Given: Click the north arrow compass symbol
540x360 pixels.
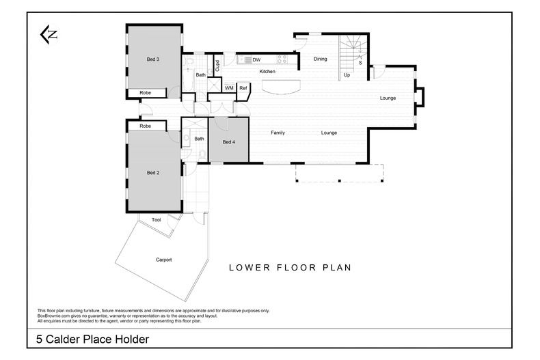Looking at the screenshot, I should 49,34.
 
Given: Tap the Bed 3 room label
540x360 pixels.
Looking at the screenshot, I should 153,59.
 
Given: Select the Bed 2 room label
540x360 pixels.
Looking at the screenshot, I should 153,173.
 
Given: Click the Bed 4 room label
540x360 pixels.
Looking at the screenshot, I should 228,142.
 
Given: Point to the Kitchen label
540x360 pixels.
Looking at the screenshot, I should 267,71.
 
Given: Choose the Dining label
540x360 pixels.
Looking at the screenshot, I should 320,59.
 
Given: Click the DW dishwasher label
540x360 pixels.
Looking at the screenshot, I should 256,60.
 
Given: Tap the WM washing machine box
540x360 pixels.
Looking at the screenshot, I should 229,88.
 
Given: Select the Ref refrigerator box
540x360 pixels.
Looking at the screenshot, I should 243,88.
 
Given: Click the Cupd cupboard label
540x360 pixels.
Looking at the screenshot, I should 217,66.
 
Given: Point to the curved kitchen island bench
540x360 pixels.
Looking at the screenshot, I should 277,87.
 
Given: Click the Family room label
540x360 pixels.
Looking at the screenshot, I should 278,133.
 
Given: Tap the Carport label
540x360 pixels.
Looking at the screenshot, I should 163,260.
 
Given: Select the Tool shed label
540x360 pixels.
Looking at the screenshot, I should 156,220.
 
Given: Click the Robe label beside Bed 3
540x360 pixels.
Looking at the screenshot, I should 146,92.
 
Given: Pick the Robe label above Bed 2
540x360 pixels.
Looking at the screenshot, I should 145,126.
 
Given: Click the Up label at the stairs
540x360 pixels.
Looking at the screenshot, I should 347,75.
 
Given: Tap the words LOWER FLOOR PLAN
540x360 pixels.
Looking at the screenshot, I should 290,268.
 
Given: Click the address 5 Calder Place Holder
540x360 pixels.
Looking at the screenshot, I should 92,339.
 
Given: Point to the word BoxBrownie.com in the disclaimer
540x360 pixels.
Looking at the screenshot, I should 53,316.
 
